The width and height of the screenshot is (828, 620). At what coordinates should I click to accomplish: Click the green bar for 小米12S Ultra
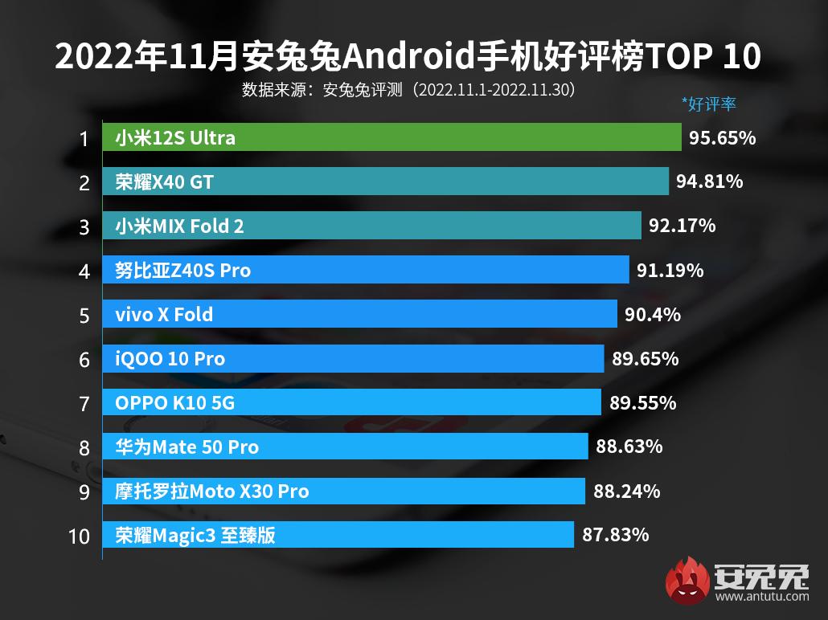[x=391, y=137]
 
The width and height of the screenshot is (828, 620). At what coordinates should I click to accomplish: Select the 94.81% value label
[x=709, y=182]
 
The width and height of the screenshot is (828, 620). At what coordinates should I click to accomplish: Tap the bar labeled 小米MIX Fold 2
[x=371, y=226]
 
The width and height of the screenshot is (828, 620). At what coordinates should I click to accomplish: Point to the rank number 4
[x=84, y=271]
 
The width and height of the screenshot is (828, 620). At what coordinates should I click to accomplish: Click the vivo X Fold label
[x=164, y=314]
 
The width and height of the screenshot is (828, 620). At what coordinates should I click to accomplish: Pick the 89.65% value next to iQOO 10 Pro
[x=645, y=358]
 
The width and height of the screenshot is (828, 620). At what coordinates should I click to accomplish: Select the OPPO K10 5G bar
[x=351, y=402]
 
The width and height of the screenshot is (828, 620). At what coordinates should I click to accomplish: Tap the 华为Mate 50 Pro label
[x=187, y=447]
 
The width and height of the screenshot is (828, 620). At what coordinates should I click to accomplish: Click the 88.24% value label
[x=626, y=490]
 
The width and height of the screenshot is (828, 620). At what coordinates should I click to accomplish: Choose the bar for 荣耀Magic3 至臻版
[x=338, y=534]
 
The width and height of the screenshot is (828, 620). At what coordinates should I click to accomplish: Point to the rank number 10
[x=79, y=535]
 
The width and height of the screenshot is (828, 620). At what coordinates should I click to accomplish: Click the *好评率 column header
[x=708, y=104]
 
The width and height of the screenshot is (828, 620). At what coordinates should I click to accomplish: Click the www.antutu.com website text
[x=761, y=598]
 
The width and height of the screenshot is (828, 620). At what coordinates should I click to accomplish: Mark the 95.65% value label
[x=722, y=137]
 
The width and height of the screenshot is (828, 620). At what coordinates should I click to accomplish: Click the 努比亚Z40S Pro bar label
[x=182, y=270]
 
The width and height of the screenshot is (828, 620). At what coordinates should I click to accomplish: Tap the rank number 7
[x=84, y=403]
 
